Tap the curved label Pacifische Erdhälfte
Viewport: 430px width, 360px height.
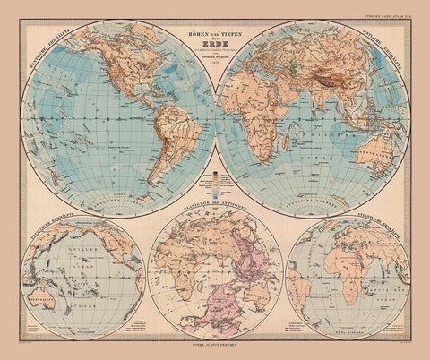point(38,235)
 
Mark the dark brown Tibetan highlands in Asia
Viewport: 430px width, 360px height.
point(345,85)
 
